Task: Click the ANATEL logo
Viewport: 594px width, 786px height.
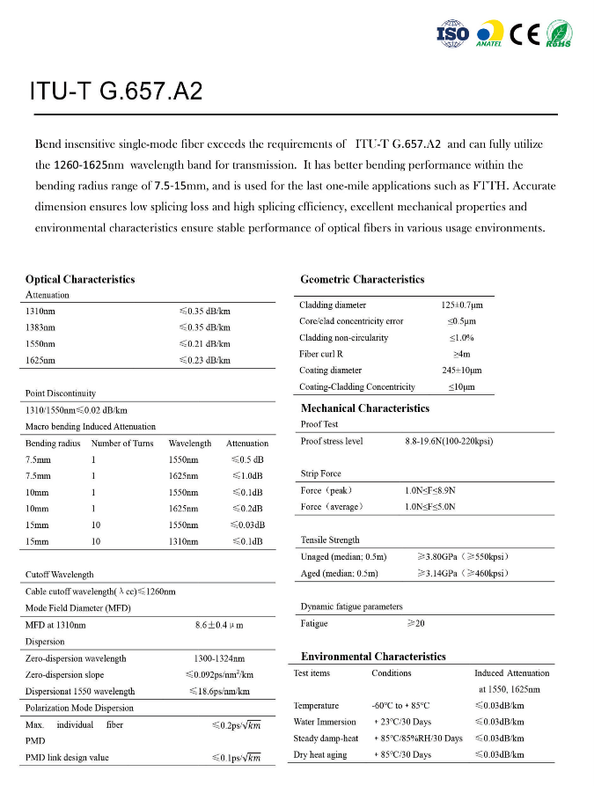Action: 489,33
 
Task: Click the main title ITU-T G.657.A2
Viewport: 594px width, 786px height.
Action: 116,92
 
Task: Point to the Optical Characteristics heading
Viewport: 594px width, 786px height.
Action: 80,279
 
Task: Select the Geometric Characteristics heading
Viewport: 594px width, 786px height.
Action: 363,279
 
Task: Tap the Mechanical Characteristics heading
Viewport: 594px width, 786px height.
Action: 365,408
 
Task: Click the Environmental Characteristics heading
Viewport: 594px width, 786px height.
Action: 373,657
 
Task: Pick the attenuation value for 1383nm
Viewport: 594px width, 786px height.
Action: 204,327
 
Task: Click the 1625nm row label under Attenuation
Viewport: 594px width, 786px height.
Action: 40,360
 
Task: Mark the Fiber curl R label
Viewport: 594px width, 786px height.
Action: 327,354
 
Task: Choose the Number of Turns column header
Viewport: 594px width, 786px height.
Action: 122,444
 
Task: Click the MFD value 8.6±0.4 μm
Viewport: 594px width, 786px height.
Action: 218,625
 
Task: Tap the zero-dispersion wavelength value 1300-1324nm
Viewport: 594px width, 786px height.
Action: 219,658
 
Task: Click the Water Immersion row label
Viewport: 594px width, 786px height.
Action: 325,723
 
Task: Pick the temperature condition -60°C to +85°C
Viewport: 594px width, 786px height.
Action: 400,706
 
